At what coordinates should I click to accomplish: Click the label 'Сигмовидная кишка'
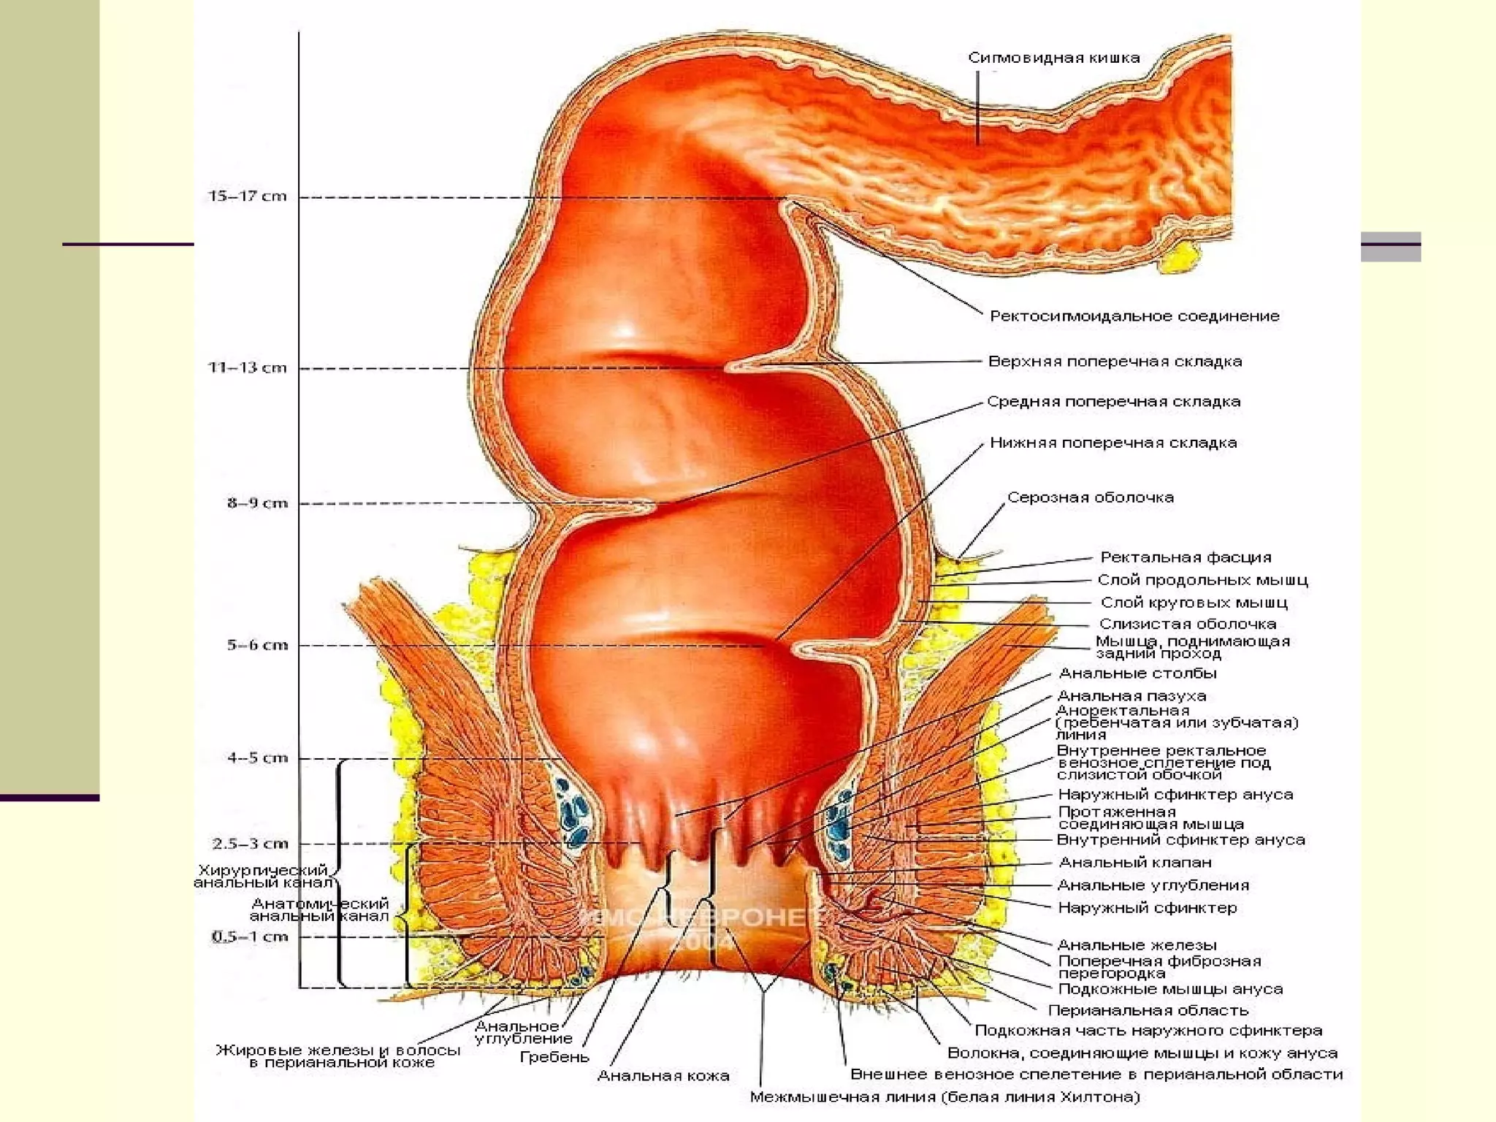(1053, 58)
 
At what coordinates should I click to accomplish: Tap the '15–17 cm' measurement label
(248, 196)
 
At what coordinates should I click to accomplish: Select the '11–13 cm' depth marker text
(248, 367)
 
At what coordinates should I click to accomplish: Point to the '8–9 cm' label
(257, 503)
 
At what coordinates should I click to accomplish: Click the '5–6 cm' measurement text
(257, 645)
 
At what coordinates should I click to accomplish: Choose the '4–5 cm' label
(257, 757)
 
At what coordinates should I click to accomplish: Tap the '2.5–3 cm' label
(251, 844)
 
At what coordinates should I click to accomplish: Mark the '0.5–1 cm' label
(251, 936)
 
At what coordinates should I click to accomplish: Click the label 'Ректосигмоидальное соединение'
(1134, 316)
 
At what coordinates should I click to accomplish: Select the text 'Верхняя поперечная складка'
(1115, 361)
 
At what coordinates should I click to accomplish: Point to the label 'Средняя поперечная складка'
(1113, 401)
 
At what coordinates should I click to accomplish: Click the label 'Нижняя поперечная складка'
(1113, 443)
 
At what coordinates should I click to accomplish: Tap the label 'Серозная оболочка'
(1090, 497)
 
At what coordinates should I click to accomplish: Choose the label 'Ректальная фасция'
(1186, 557)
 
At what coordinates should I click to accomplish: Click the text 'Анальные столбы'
(1137, 673)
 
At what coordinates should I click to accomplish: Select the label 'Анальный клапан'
(1134, 862)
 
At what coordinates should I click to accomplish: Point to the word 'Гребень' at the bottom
(554, 1056)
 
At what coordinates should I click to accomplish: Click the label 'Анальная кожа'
(663, 1075)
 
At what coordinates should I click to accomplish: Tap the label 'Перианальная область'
(1148, 1010)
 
